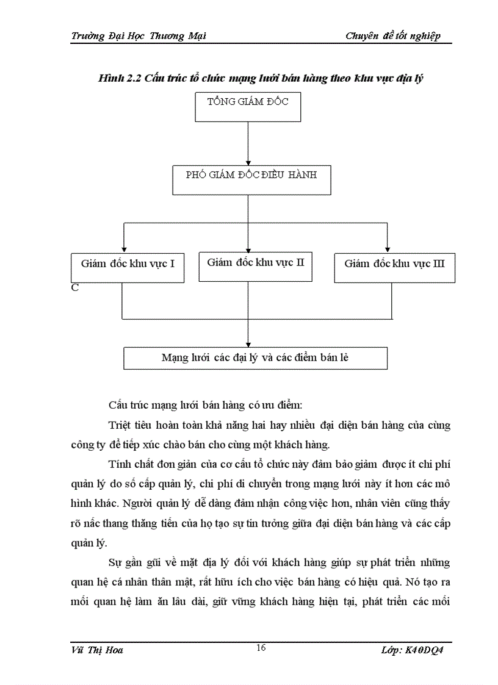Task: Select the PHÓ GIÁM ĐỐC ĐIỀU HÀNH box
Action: [x=251, y=179]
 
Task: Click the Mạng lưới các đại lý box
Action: [x=255, y=358]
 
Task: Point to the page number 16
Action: [x=261, y=648]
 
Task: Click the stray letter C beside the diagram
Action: [x=74, y=288]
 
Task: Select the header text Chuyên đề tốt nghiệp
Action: [x=392, y=35]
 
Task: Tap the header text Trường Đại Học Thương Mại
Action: [x=139, y=35]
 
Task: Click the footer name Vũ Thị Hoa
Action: [x=97, y=650]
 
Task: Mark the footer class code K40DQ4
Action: [x=426, y=650]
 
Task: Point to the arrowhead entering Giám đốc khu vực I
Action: [x=125, y=249]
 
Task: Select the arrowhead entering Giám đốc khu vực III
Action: [x=388, y=249]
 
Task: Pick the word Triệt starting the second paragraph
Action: [x=120, y=425]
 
